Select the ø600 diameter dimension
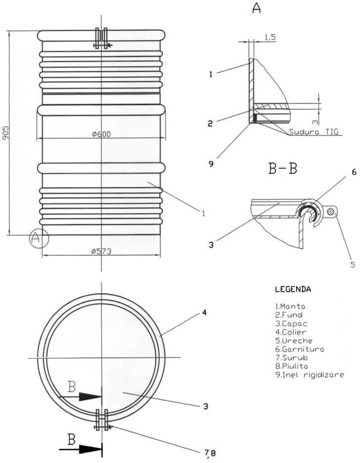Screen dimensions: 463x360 click(x=101, y=134)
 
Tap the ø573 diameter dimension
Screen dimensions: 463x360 click(x=101, y=251)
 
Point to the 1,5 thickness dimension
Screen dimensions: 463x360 click(x=270, y=37)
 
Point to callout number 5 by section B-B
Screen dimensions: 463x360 click(x=353, y=264)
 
